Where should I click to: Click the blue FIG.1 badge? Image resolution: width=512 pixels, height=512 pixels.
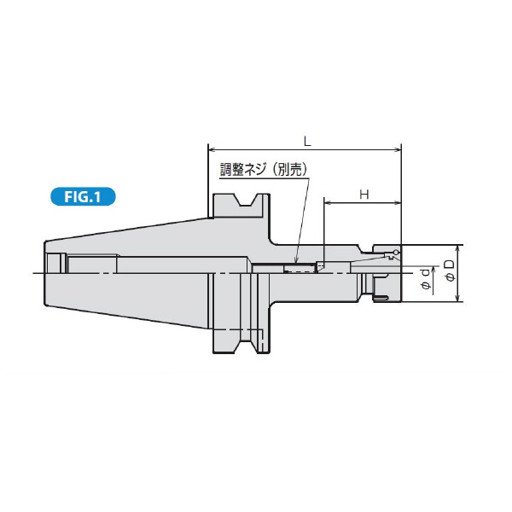pyautogui.click(x=82, y=197)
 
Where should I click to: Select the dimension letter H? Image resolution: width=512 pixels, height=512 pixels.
pyautogui.click(x=363, y=195)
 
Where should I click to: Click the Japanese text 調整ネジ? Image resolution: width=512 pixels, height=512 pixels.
pyautogui.click(x=241, y=169)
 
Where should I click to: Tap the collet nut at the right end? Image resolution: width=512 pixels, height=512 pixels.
pyautogui.click(x=381, y=273)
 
